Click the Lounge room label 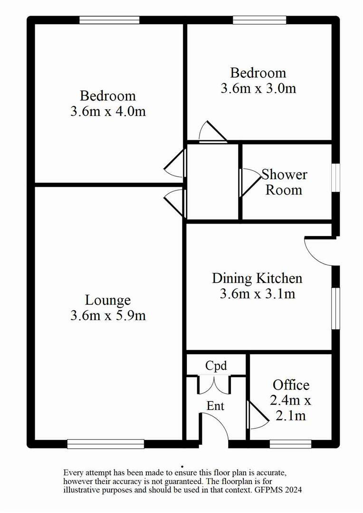[x=108, y=301]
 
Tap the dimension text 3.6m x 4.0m [x=108, y=112]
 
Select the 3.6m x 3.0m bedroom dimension [x=258, y=88]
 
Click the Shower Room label [x=284, y=182]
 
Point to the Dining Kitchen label [x=257, y=278]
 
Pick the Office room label [x=291, y=385]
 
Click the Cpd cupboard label [x=216, y=366]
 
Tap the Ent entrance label [x=215, y=406]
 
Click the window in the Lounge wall [x=106, y=444]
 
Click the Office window [x=290, y=444]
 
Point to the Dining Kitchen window [x=335, y=309]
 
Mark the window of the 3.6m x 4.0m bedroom [x=109, y=20]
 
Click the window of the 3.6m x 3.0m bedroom [x=259, y=20]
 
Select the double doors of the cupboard [x=214, y=385]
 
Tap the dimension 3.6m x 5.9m [x=108, y=316]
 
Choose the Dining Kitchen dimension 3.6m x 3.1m [x=257, y=294]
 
